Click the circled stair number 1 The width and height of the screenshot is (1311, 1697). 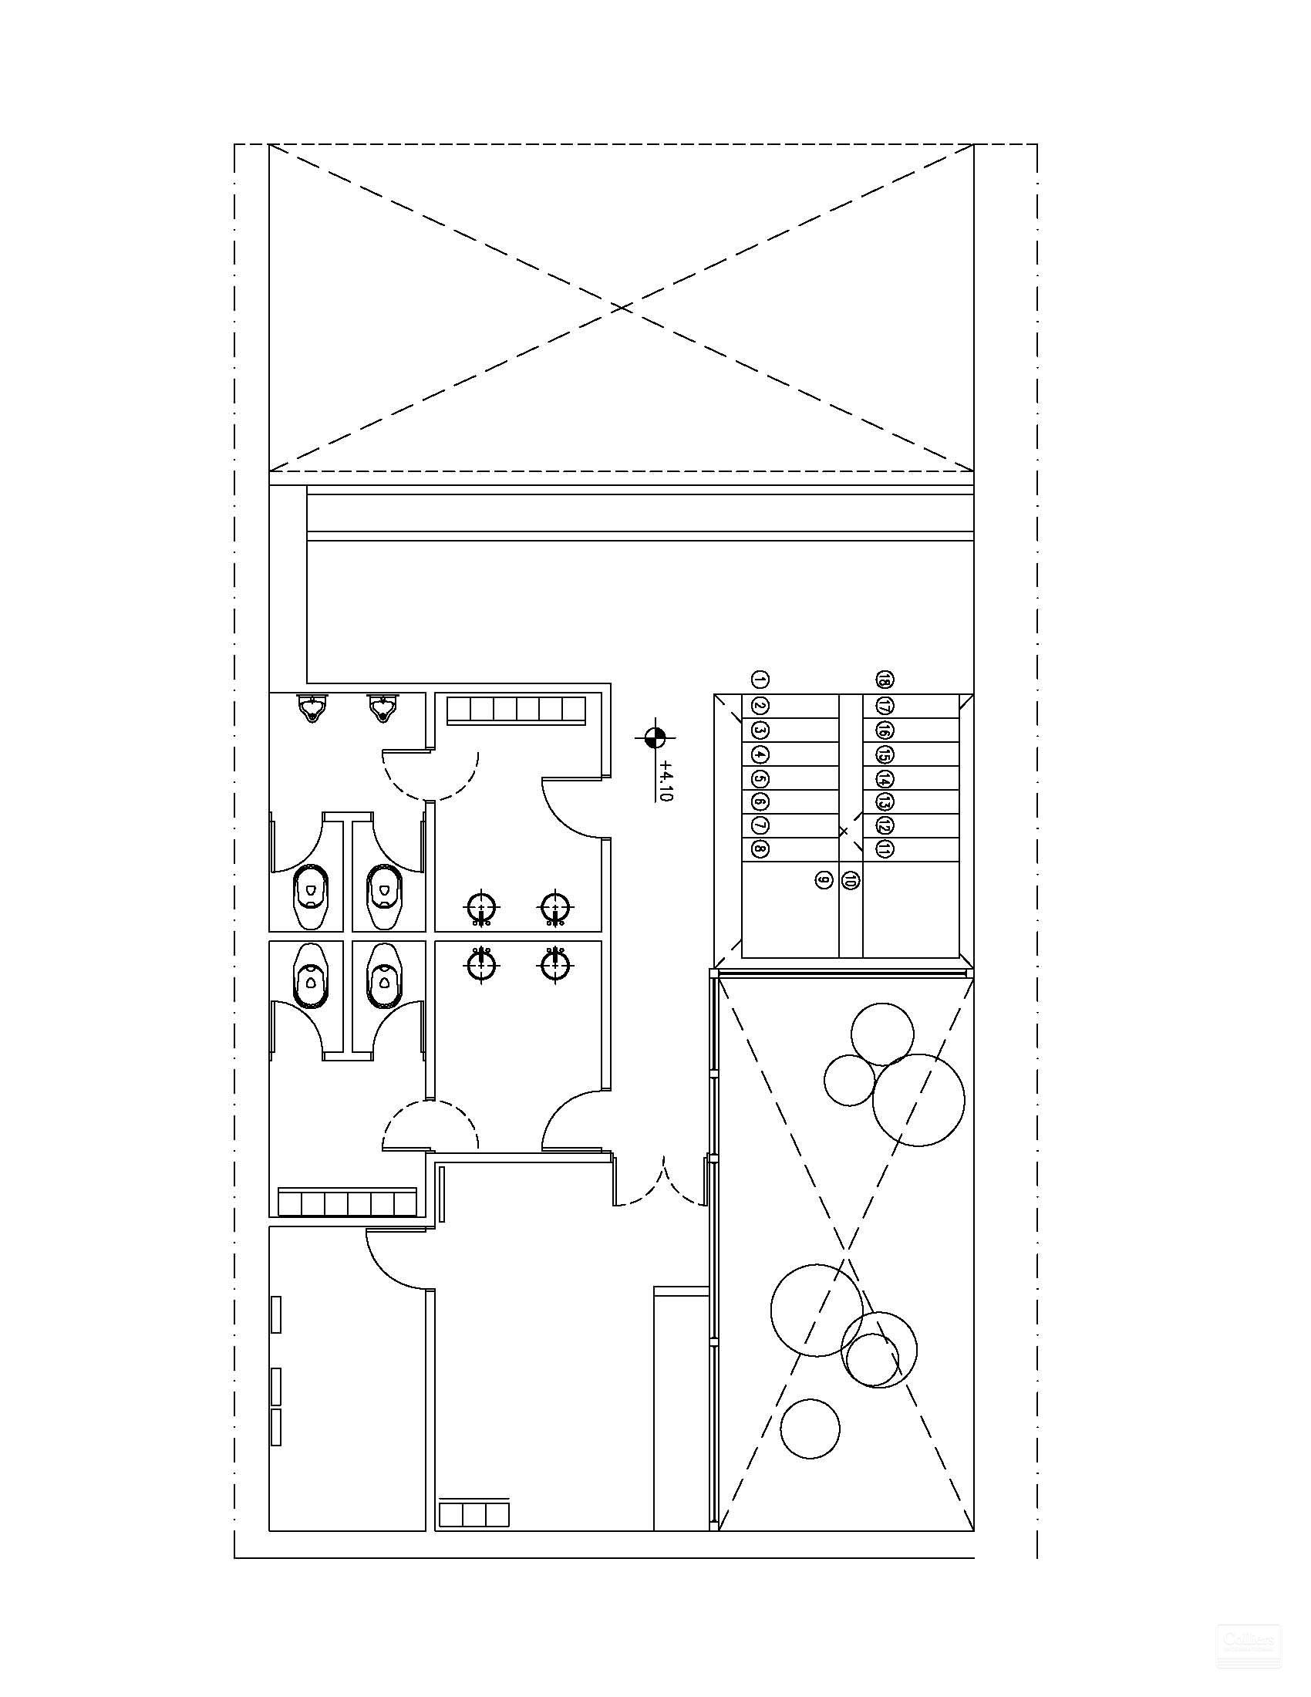(x=760, y=680)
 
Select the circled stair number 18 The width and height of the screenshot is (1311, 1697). (x=884, y=680)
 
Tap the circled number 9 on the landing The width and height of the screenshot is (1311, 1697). (x=824, y=879)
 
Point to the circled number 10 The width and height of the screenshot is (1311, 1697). (x=851, y=879)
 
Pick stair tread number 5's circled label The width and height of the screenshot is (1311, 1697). (x=760, y=778)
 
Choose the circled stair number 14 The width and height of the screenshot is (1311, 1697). (x=884, y=778)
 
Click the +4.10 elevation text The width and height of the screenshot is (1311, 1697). (x=665, y=781)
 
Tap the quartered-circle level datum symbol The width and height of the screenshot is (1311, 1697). (x=655, y=737)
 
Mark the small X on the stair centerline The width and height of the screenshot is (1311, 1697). (x=844, y=832)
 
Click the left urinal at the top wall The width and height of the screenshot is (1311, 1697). (x=312, y=708)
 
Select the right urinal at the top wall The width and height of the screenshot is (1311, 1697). (x=381, y=708)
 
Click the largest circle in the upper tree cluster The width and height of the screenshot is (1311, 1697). (x=918, y=1100)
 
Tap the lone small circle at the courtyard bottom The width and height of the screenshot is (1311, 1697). (x=810, y=1429)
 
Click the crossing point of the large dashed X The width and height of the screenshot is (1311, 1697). (x=620, y=308)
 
